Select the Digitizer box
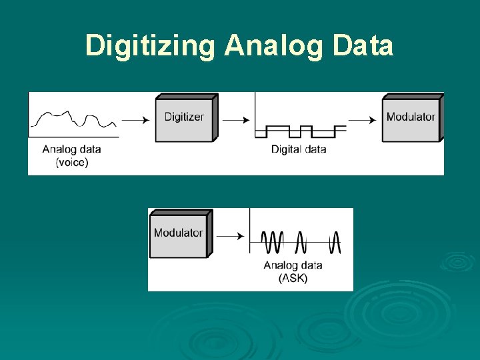point(185,118)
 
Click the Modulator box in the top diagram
point(411,118)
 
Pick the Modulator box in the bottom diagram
point(179,233)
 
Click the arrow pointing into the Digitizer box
point(137,120)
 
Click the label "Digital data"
point(299,149)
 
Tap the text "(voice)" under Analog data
point(71,162)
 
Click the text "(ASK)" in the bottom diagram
point(293,278)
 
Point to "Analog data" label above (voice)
point(71,149)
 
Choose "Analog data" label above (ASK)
point(293,265)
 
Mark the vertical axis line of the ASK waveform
point(249,230)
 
